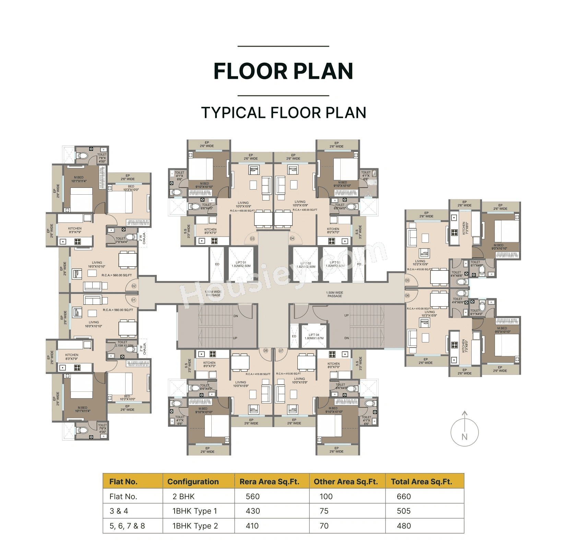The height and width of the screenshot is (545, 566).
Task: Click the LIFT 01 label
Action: click(241, 264)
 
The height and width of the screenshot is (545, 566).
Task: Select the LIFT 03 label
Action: click(335, 264)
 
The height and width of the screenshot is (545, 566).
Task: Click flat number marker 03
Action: click(252, 239)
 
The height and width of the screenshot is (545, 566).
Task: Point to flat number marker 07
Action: click(281, 351)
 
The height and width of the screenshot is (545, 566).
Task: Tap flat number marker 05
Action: click(407, 280)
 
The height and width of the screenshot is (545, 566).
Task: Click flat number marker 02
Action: click(134, 286)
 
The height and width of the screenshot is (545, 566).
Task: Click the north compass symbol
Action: click(464, 432)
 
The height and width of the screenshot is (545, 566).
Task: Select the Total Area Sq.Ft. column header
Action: click(421, 482)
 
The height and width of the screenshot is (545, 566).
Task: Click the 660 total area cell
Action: click(404, 497)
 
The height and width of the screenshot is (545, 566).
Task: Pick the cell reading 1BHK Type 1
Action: click(194, 511)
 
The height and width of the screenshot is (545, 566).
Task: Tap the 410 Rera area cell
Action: click(252, 526)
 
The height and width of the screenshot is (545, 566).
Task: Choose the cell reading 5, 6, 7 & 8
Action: click(127, 526)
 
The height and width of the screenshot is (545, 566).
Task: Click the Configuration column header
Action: click(193, 482)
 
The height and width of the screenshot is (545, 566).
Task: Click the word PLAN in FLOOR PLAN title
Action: click(323, 71)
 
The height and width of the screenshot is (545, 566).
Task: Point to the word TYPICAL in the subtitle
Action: click(233, 113)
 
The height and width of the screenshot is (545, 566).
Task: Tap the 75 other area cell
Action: click(324, 511)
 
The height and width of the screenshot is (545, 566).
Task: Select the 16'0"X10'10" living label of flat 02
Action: click(96, 266)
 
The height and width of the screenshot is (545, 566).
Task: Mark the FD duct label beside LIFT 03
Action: click(359, 264)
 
